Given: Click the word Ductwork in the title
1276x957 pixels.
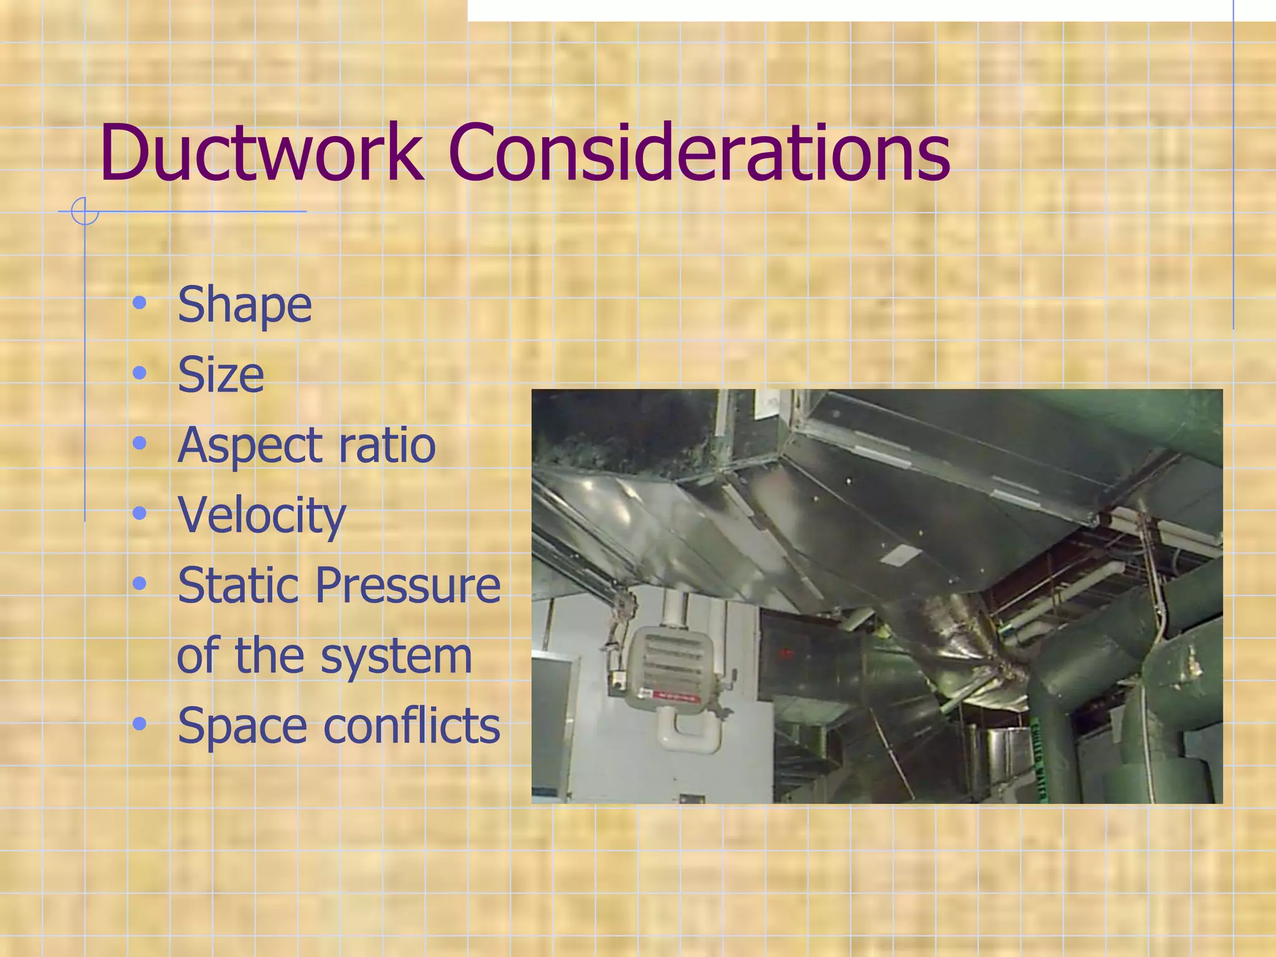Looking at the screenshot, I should coord(262,153).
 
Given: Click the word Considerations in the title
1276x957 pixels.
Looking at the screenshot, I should coord(698,153).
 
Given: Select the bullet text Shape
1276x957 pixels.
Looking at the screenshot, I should coord(244,305).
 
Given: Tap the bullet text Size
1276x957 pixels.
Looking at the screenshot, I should coord(221,375).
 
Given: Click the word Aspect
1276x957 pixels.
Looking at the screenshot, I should coord(249,446).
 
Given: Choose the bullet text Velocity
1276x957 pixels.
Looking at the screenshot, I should coord(262,516).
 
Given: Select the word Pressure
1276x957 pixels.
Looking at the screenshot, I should coord(407,585).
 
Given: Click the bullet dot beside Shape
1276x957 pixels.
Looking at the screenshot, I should coord(140,303).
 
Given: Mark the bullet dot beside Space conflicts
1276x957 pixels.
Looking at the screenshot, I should coord(140,724).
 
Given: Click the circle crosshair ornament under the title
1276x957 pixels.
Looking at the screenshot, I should coord(85,211).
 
